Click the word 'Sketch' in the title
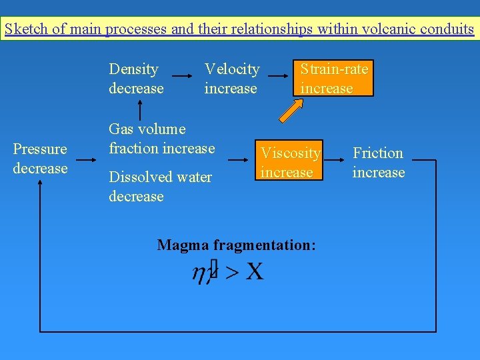25,29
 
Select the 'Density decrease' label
136,79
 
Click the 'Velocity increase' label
231,79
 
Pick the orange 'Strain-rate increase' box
333,79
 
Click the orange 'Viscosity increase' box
290,162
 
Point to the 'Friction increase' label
378,163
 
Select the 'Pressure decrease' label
40,159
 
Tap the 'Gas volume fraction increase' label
161,138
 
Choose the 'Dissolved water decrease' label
160,187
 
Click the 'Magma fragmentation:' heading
236,245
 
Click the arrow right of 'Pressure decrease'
87,159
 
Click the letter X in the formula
254,272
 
